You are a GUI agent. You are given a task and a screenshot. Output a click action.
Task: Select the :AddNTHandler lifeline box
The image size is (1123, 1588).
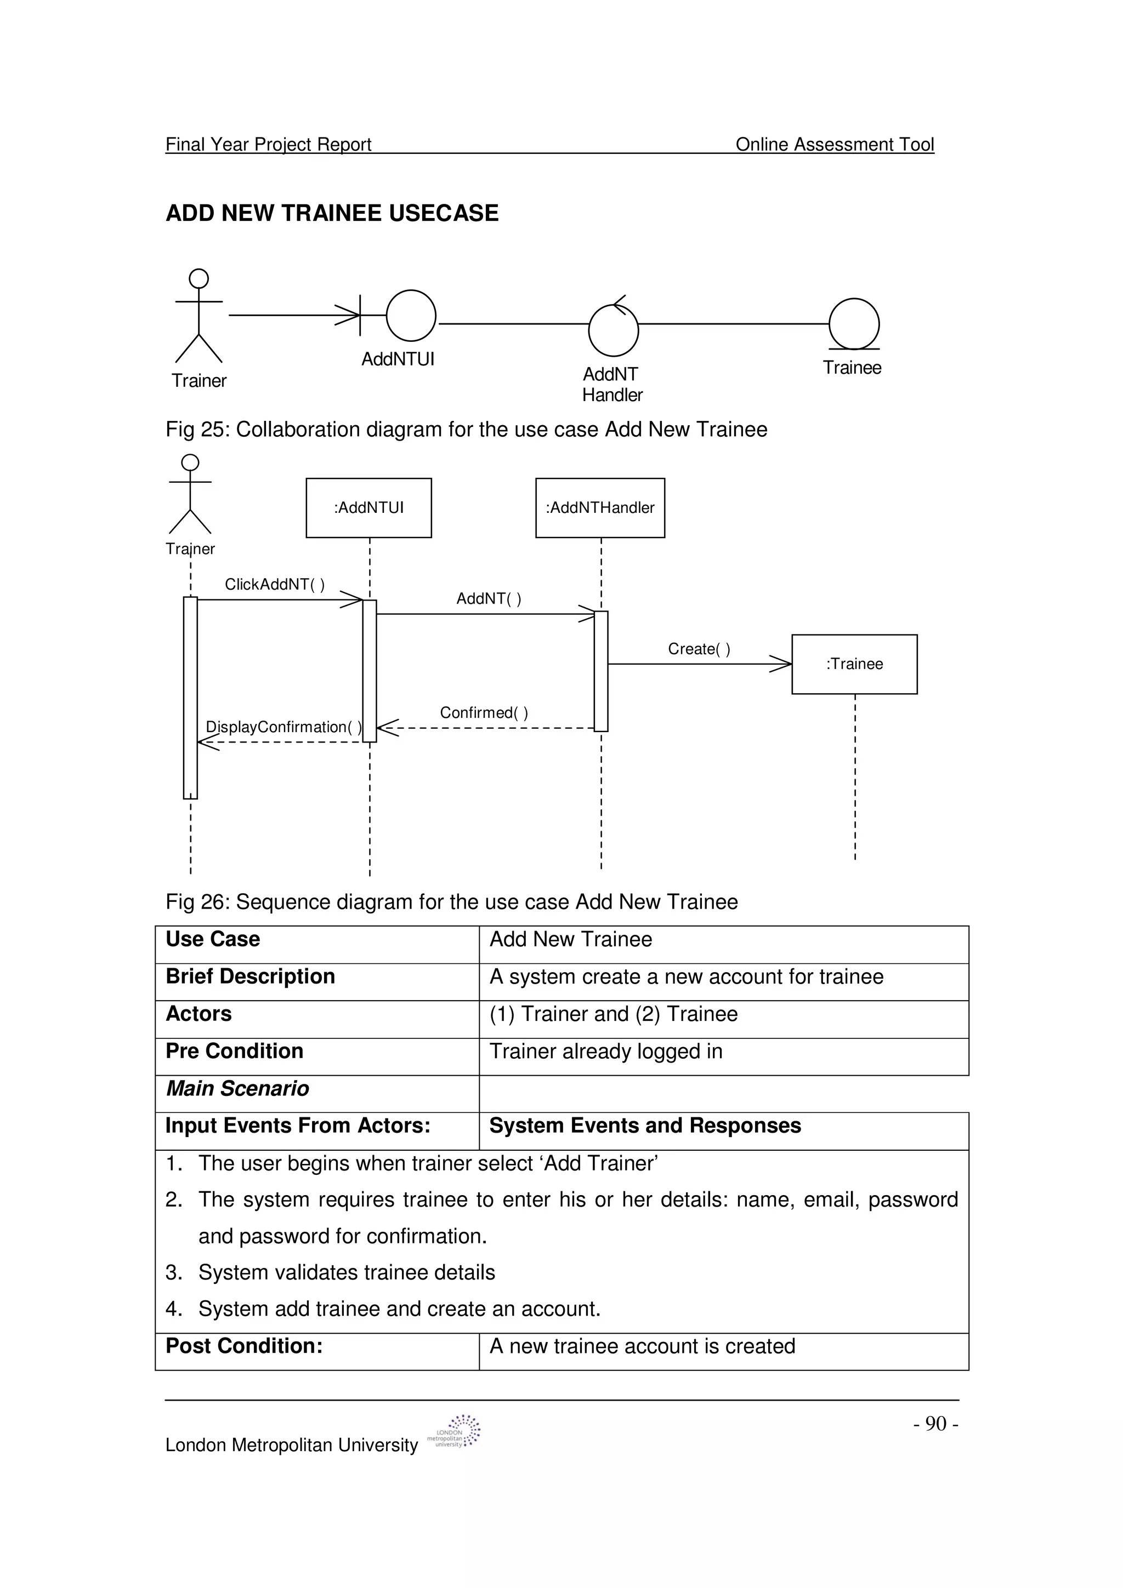pos(600,507)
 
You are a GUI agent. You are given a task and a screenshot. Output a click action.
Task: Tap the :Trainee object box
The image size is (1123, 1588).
pos(854,664)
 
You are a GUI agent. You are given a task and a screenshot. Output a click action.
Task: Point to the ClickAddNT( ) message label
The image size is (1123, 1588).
pos(275,585)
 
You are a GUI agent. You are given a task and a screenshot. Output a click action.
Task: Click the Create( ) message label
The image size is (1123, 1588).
pos(699,649)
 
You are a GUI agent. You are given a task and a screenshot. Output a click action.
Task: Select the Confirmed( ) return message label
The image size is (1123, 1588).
pos(484,712)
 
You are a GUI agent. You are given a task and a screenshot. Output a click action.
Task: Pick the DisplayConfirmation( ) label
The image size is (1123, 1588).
pos(283,727)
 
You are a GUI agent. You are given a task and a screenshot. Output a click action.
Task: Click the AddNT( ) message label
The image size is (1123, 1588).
pos(489,598)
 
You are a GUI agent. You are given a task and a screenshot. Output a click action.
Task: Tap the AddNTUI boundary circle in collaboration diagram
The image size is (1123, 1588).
pos(411,316)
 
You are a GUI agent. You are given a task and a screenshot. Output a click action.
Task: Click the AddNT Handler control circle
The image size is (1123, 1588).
pos(613,330)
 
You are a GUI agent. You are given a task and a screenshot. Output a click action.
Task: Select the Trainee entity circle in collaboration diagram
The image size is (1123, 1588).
pos(854,324)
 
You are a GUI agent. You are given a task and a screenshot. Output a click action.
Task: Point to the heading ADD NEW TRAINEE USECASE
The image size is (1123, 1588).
pos(332,213)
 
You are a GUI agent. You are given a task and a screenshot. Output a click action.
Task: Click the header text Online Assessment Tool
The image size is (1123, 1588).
pos(835,144)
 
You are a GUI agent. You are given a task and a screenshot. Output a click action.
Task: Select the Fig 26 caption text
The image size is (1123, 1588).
pos(451,902)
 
